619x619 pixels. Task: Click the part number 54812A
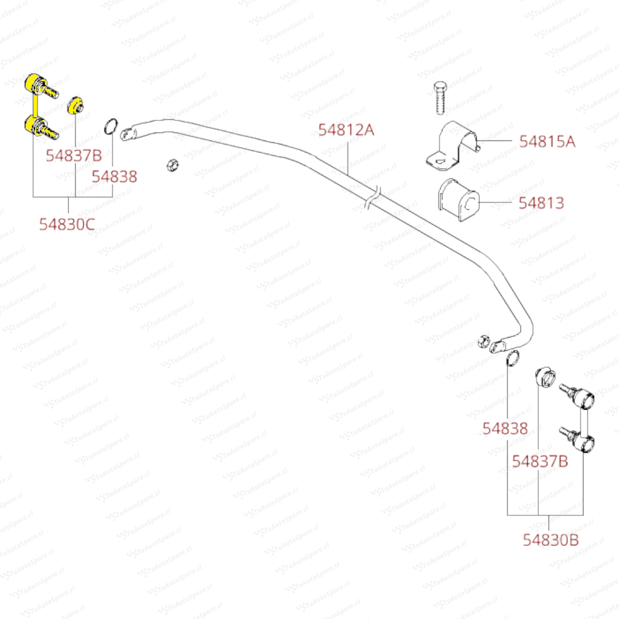pos(346,130)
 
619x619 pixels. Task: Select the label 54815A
pos(547,142)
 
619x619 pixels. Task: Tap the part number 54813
pos(542,203)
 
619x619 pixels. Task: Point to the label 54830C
pos(67,225)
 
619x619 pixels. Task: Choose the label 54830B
pos(551,539)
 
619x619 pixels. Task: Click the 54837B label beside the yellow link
pos(73,155)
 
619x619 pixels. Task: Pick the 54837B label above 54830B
pos(539,461)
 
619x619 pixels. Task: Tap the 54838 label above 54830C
pos(115,177)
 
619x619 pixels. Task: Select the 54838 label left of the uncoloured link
pos(504,429)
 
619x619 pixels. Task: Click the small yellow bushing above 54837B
pos(76,106)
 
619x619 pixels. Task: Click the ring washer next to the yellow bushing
pos(112,125)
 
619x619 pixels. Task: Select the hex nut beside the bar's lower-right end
pos(483,340)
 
